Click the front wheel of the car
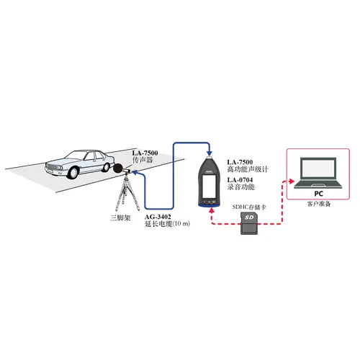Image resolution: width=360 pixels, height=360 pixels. click(x=73, y=173)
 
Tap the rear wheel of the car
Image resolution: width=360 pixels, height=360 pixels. click(x=106, y=167)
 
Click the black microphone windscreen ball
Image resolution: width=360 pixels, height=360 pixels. click(x=118, y=168)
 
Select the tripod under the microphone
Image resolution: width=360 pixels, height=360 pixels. click(x=126, y=193)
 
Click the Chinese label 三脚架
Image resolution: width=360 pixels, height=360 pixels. click(x=120, y=218)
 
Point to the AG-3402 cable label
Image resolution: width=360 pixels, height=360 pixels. click(x=158, y=217)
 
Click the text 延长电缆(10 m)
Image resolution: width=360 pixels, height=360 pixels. click(x=167, y=224)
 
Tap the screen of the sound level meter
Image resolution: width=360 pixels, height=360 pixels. click(x=209, y=186)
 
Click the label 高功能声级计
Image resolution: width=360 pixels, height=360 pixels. click(x=248, y=169)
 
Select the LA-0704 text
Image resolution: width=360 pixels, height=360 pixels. click(x=240, y=180)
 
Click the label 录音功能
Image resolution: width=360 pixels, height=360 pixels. click(x=240, y=186)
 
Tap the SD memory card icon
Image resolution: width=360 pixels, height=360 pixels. click(x=249, y=223)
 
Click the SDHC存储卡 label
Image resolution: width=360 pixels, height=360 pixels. click(x=249, y=207)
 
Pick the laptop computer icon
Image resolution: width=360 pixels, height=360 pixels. click(x=318, y=173)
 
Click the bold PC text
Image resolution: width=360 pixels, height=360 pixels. click(x=319, y=194)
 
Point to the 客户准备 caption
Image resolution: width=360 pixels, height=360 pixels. click(x=319, y=204)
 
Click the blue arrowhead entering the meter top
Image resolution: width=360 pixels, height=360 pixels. click(x=210, y=153)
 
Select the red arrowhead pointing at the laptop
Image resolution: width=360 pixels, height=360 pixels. click(x=292, y=181)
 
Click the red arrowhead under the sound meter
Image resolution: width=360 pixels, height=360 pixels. click(x=212, y=210)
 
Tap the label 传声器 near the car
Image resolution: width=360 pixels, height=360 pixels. click(x=143, y=160)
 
